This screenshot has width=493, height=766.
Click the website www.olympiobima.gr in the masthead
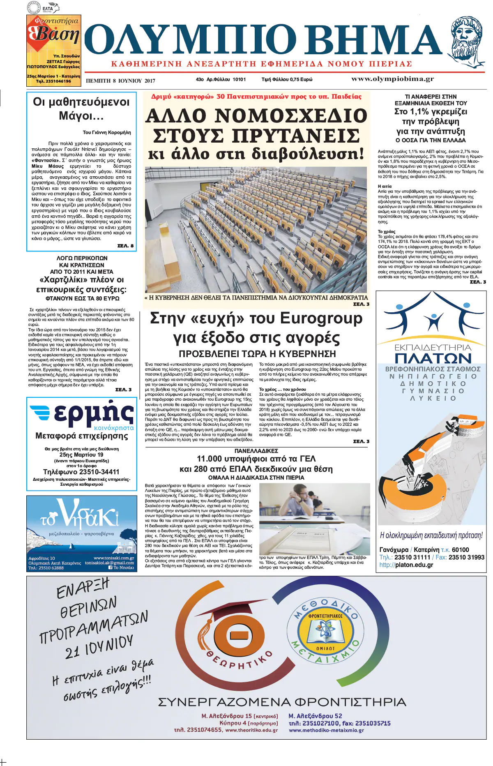[x=392, y=79]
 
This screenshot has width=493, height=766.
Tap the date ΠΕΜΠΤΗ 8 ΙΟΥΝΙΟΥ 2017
[x=120, y=81]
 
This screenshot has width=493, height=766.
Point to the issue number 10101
[x=239, y=79]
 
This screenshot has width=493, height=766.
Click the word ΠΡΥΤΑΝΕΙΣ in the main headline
[x=256, y=136]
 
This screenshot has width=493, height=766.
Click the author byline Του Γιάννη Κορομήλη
[x=107, y=132]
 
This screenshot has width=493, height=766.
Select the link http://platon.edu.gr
[x=406, y=565]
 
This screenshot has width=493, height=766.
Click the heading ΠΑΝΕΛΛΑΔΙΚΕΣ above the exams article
[x=256, y=451]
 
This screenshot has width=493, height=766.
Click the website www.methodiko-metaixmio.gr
[x=326, y=730]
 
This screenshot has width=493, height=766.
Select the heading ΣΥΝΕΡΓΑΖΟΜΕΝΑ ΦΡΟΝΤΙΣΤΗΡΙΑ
[x=282, y=702]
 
